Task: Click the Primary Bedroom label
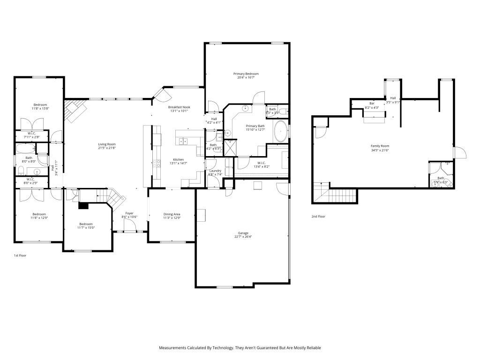pyautogui.click(x=246, y=74)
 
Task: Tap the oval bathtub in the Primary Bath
pyautogui.click(x=281, y=131)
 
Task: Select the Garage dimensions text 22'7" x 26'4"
pyautogui.click(x=243, y=237)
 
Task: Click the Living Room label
pyautogui.click(x=107, y=144)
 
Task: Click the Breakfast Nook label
pyautogui.click(x=179, y=107)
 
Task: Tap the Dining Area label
pyautogui.click(x=171, y=214)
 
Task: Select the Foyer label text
pyautogui.click(x=129, y=213)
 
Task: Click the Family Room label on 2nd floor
pyautogui.click(x=380, y=146)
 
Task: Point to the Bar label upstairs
pyautogui.click(x=372, y=103)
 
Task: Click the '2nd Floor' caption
pyautogui.click(x=318, y=217)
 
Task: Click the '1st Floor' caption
pyautogui.click(x=20, y=256)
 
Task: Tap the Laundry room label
pyautogui.click(x=215, y=171)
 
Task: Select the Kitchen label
pyautogui.click(x=178, y=159)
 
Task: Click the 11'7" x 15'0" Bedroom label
pyautogui.click(x=86, y=224)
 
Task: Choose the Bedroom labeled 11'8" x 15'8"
pyautogui.click(x=40, y=105)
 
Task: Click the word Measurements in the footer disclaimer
pyautogui.click(x=172, y=348)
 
